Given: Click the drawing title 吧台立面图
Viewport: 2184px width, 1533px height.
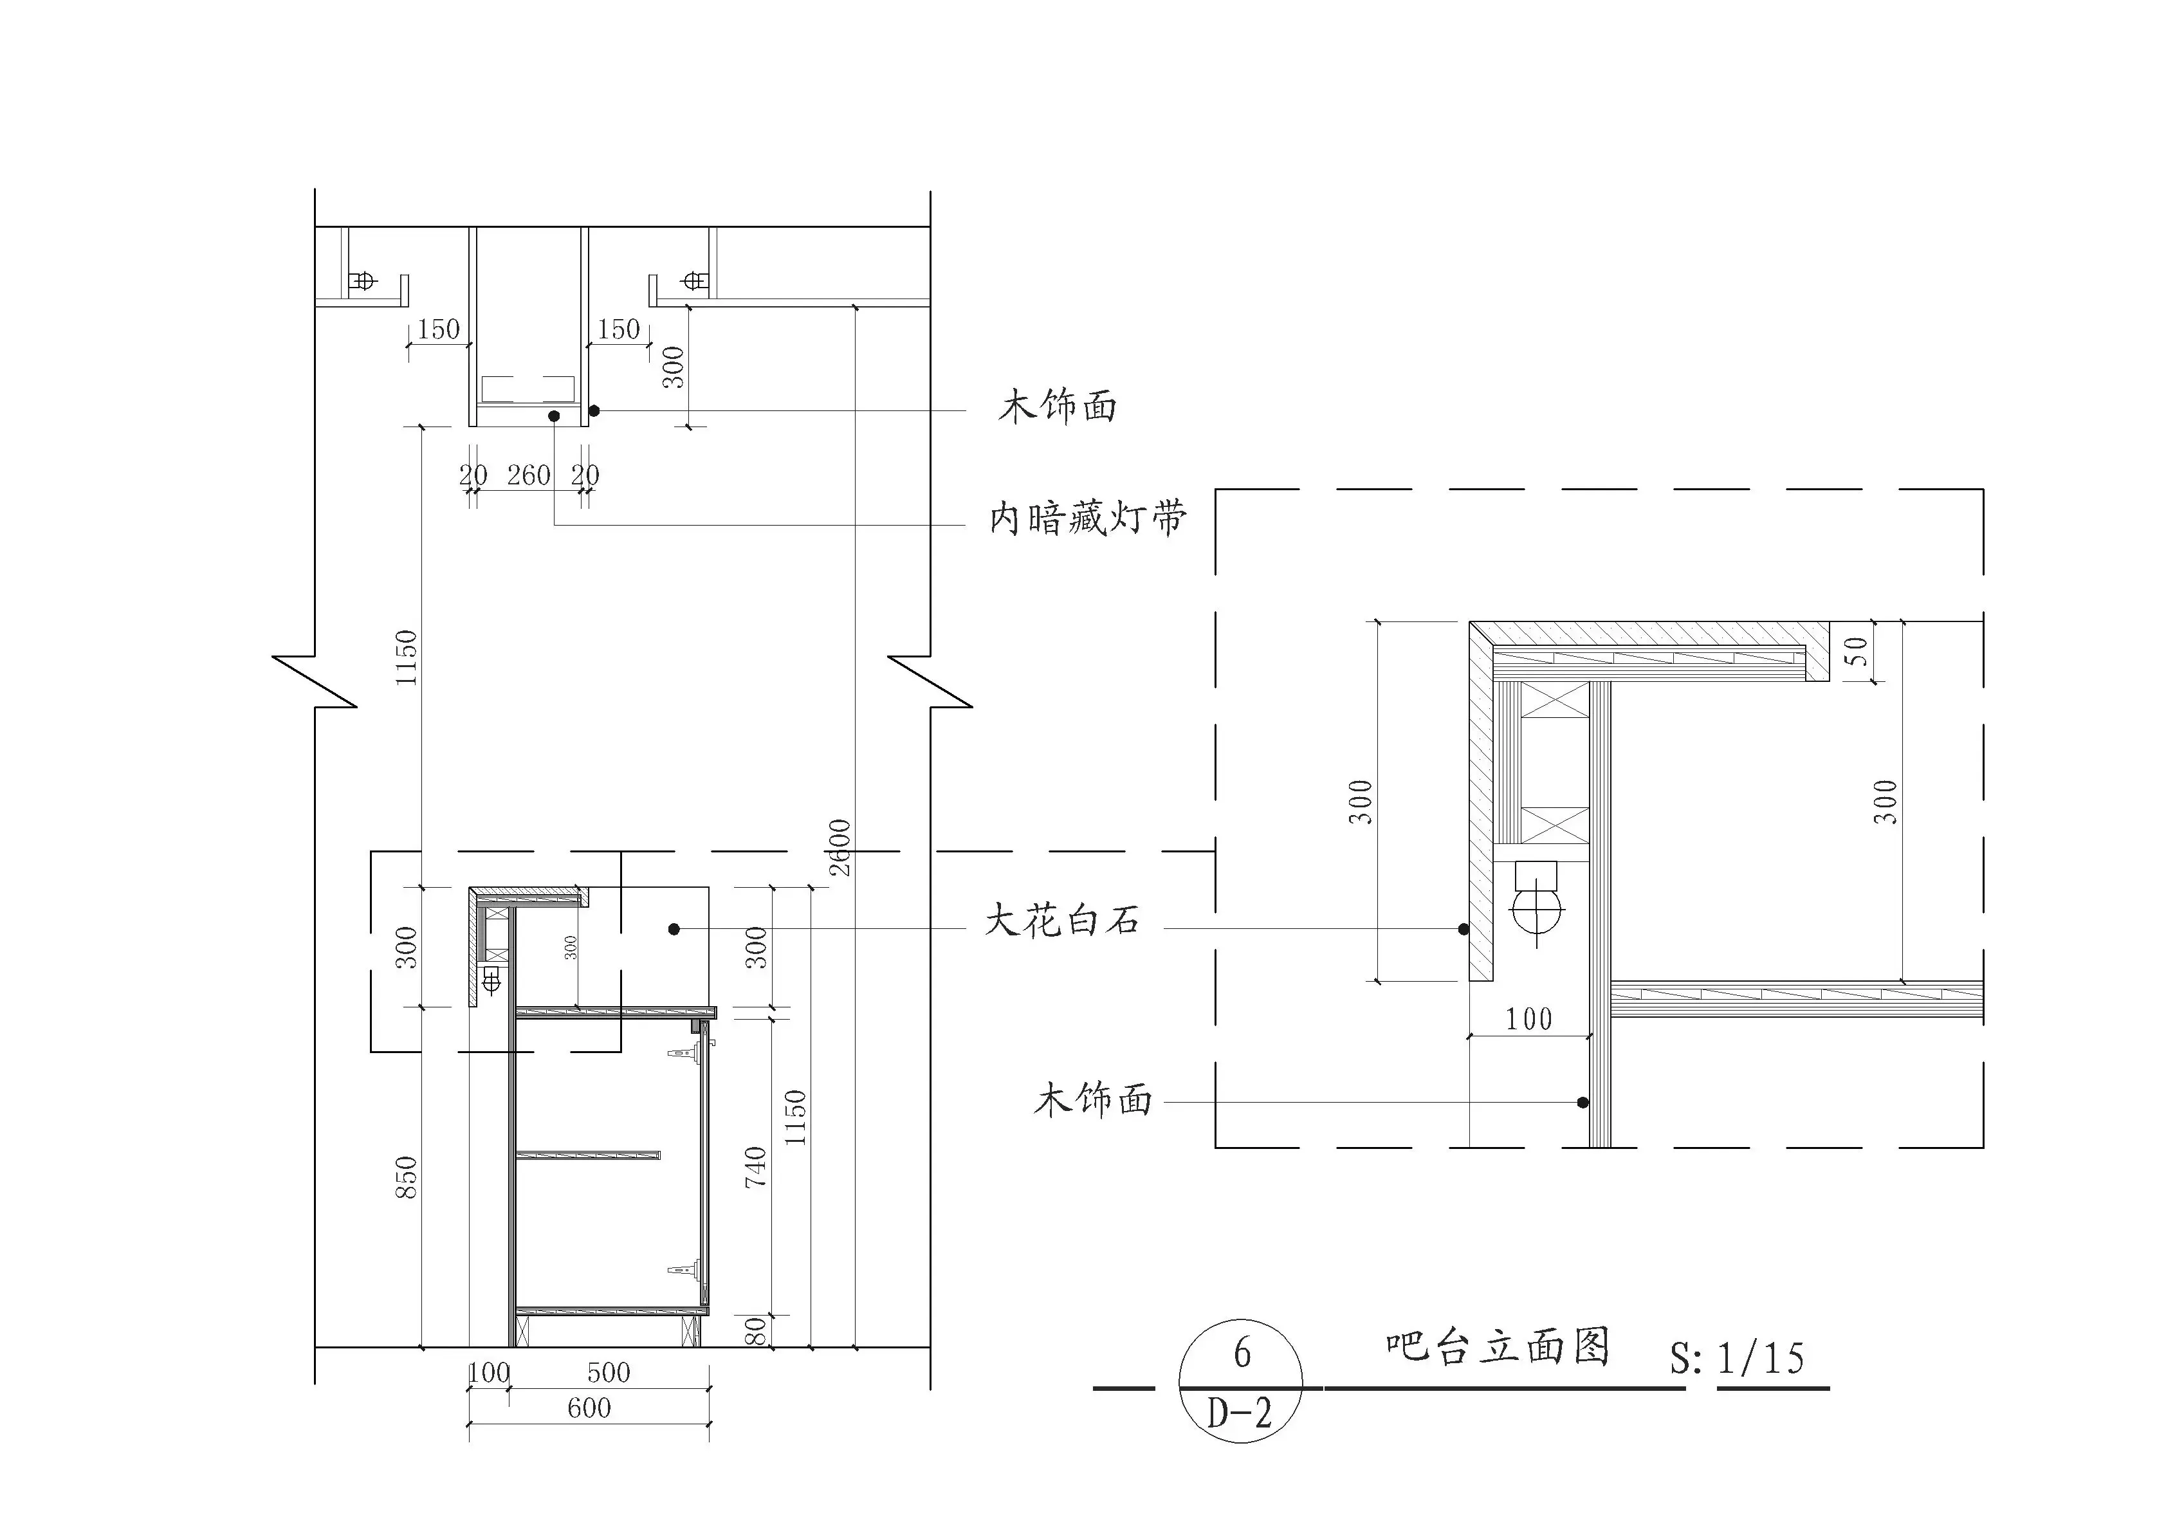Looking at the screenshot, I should (1497, 1348).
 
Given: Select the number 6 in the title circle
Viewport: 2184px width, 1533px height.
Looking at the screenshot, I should (1242, 1354).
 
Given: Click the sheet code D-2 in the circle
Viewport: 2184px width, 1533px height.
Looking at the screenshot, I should (1240, 1413).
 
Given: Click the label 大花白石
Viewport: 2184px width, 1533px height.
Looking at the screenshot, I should (1061, 921).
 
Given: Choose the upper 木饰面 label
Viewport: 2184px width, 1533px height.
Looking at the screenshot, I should (1057, 407).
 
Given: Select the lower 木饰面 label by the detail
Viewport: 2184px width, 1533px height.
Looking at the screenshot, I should (1093, 1100).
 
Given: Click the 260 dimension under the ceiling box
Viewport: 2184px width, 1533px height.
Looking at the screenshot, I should (528, 475).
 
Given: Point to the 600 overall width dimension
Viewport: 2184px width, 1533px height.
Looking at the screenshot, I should (589, 1408).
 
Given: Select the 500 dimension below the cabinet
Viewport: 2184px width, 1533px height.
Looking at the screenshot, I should (609, 1372).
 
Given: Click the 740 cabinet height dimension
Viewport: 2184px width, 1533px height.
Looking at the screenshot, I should (755, 1167).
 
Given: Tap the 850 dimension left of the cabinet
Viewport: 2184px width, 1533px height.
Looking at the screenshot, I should (406, 1177).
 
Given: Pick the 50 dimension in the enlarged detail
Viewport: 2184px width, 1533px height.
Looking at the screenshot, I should (1856, 652).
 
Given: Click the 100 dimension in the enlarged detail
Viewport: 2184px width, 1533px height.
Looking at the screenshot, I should (1528, 1020).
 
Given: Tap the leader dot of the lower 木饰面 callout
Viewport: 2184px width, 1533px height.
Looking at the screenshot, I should (1582, 1102).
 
